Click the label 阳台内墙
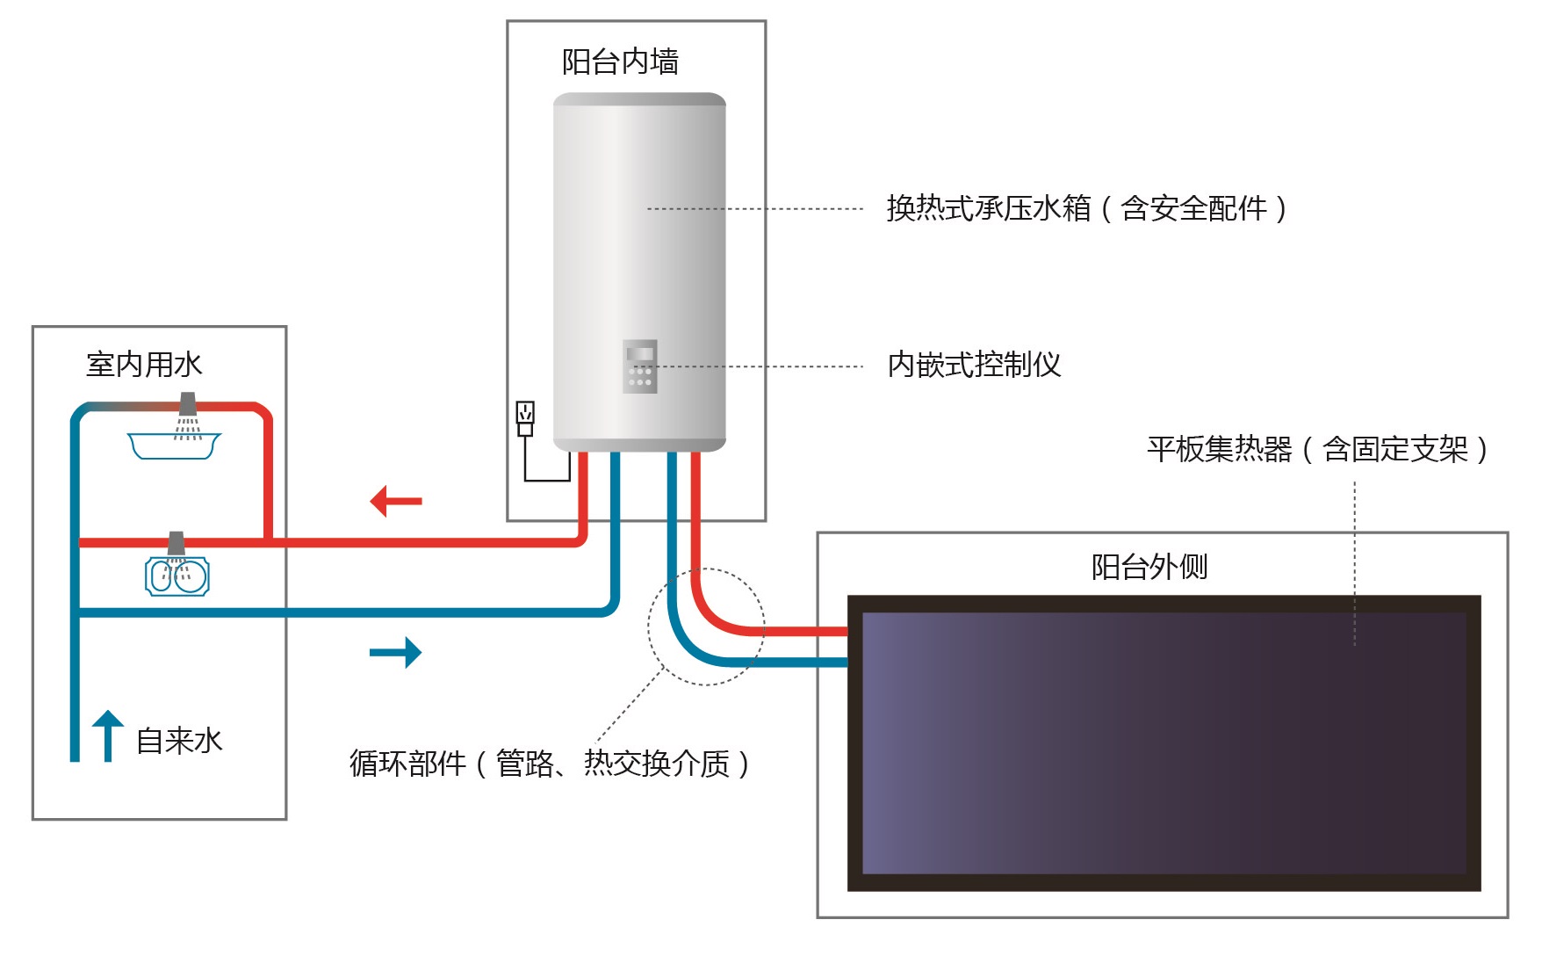click(x=620, y=62)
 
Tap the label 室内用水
click(x=144, y=365)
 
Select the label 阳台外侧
click(x=1149, y=567)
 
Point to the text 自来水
click(x=179, y=741)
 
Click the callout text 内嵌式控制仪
click(x=974, y=365)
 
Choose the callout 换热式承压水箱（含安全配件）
click(x=1086, y=209)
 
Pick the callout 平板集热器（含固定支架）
click(x=1317, y=449)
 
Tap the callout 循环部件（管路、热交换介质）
click(x=550, y=764)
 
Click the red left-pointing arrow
click(x=396, y=501)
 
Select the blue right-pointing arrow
click(x=396, y=652)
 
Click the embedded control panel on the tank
click(x=639, y=366)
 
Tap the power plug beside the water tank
click(x=525, y=418)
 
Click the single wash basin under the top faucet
click(x=174, y=445)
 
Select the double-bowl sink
click(x=177, y=577)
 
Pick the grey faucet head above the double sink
click(x=177, y=543)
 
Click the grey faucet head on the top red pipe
click(x=188, y=404)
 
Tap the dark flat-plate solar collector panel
click(x=1164, y=742)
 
